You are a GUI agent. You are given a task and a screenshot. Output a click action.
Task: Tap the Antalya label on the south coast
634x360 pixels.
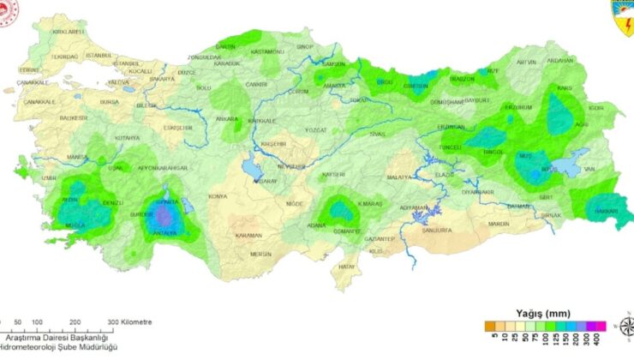(166, 233)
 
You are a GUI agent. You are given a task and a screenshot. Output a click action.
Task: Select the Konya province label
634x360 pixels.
(218, 196)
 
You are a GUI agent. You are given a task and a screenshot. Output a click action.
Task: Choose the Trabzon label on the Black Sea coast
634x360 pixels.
(462, 79)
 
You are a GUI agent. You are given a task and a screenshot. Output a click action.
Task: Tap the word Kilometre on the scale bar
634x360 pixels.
(132, 322)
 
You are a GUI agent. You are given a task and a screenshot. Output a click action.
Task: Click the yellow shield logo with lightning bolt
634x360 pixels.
(622, 16)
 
